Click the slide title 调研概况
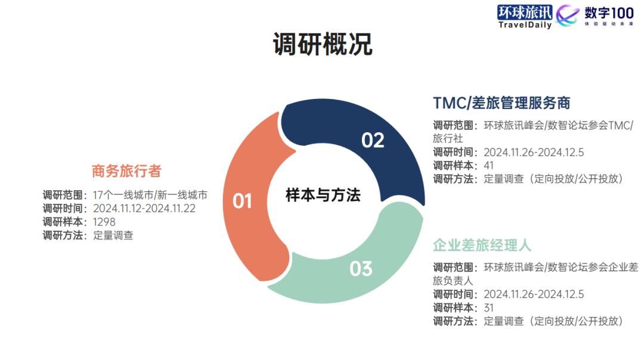(x=323, y=44)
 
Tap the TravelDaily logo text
(x=525, y=24)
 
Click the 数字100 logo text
(x=609, y=13)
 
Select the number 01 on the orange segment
(x=242, y=201)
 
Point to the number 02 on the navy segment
(x=373, y=141)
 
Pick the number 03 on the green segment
(x=361, y=269)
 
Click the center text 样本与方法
(x=323, y=195)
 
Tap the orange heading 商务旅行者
(x=126, y=171)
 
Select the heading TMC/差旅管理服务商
(x=501, y=103)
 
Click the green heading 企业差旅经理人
(x=482, y=245)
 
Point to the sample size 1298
(x=104, y=222)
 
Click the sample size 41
(x=489, y=166)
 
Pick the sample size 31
(x=489, y=308)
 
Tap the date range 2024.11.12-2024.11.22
(x=144, y=209)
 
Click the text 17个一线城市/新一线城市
(x=150, y=195)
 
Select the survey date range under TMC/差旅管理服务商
(x=534, y=153)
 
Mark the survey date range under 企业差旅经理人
(x=534, y=294)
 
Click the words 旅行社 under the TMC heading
(x=448, y=138)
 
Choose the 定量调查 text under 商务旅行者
(x=113, y=235)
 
